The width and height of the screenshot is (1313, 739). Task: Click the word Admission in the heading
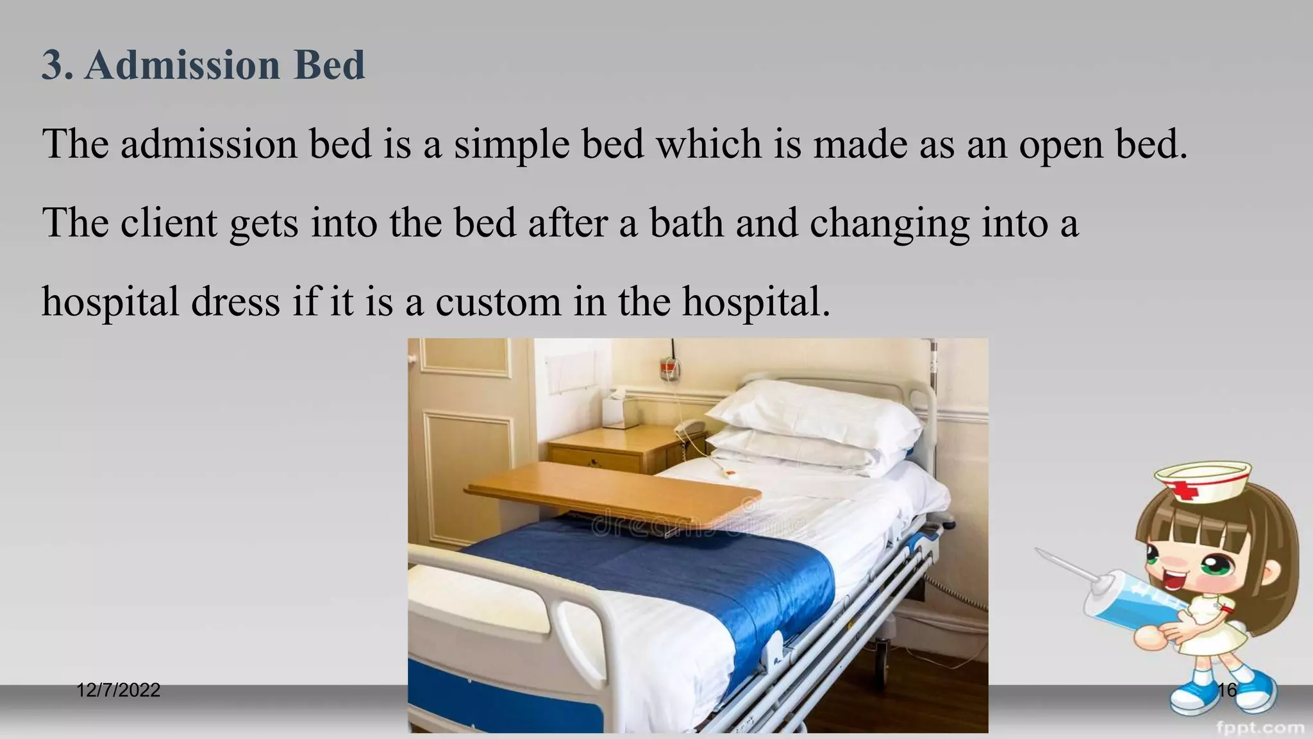(182, 65)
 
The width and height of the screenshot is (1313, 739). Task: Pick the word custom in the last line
(498, 302)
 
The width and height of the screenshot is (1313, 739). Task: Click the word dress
(235, 302)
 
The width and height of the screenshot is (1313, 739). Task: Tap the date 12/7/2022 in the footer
(118, 690)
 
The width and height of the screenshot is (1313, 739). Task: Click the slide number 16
(1226, 690)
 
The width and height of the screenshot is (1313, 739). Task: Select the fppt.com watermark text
(1260, 727)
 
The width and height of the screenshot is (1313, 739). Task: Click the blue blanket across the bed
(673, 571)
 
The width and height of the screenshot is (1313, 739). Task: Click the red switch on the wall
(669, 368)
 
